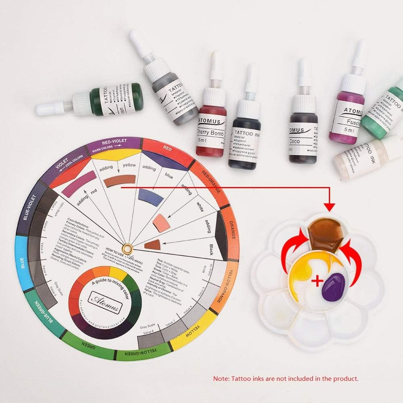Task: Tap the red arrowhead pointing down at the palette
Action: point(330,207)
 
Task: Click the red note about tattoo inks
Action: point(285,379)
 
